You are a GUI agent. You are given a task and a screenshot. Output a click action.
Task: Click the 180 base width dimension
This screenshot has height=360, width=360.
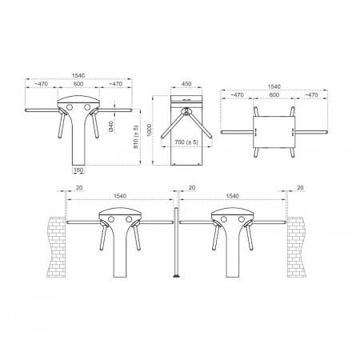coord(78,170)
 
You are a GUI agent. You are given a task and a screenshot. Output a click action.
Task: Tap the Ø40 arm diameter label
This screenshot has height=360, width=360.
coord(111,126)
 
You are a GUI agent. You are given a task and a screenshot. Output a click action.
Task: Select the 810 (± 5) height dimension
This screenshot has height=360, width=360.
coord(136,137)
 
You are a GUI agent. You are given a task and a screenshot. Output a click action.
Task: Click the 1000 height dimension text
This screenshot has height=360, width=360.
coord(150,130)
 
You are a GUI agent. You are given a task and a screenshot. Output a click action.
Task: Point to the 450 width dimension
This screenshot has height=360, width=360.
coord(186,84)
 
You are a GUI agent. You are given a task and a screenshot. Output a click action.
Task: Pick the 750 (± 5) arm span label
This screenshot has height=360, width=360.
coord(186,142)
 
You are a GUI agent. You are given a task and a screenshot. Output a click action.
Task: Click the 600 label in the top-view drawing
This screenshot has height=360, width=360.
coord(274,95)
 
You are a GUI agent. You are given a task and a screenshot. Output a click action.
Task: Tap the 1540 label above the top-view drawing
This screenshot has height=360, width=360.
coord(274,86)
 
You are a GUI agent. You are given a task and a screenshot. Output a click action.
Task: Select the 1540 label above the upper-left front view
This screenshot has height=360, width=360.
coord(78,75)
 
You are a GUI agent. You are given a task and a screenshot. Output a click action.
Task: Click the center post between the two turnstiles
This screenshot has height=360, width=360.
coord(176,242)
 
